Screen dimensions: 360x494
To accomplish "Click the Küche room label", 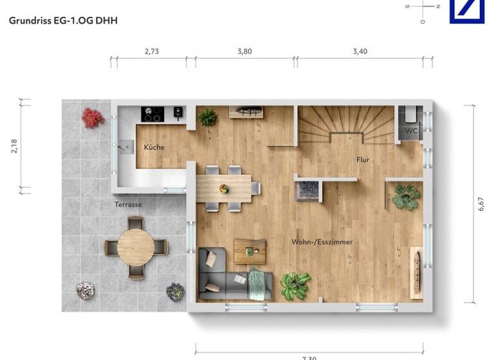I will click(x=154, y=147).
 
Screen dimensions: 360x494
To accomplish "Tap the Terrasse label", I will click(x=128, y=204).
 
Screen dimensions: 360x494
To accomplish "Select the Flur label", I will click(x=363, y=159).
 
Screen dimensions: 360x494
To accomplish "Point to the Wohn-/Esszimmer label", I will click(x=322, y=242).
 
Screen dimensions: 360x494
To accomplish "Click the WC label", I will click(x=411, y=131).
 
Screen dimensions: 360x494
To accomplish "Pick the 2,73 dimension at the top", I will click(x=151, y=52).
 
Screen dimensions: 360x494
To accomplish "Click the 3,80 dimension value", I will click(x=244, y=52).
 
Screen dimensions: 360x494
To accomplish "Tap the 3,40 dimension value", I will click(x=360, y=52).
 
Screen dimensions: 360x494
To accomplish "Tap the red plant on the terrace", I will click(x=93, y=117).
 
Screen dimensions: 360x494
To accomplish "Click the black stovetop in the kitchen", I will click(x=152, y=114).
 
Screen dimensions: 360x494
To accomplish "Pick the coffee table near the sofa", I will click(x=250, y=251).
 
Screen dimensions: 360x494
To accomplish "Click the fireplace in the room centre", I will click(x=307, y=190).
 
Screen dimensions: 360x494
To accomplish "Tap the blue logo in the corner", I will click(x=466, y=12).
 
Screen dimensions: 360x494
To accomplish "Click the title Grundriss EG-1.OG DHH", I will click(x=63, y=21).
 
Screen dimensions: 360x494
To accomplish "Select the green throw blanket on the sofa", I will click(x=257, y=282).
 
